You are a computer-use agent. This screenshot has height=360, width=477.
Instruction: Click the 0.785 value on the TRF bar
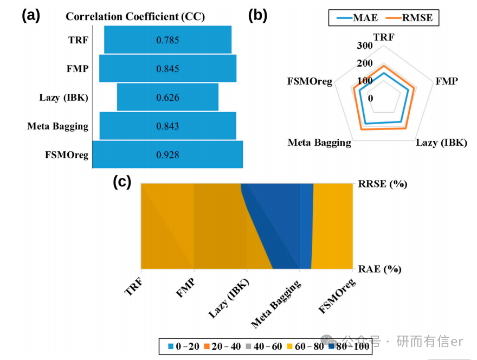tap(167, 40)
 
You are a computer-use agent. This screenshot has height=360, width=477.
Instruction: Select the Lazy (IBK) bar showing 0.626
tap(167, 97)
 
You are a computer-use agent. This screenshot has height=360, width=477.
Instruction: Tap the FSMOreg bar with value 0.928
tap(167, 155)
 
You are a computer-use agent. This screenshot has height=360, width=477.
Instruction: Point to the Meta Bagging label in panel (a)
tap(58, 126)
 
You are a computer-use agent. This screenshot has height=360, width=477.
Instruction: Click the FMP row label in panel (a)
tap(78, 69)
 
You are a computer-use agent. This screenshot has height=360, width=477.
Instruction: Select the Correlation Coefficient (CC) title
tap(136, 16)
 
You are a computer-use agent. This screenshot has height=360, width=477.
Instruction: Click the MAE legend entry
tap(357, 18)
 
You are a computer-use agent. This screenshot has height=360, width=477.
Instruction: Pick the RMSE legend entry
tap(409, 18)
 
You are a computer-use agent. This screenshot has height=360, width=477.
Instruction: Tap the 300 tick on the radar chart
tap(365, 46)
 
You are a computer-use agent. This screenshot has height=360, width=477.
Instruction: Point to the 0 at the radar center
tap(370, 98)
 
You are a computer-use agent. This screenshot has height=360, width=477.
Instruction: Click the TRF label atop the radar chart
tap(384, 37)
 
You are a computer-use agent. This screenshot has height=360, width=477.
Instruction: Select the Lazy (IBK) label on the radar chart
tap(441, 143)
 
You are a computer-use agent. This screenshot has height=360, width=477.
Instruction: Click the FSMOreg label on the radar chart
tap(310, 81)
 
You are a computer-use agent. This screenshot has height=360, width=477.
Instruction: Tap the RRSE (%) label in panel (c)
tap(383, 184)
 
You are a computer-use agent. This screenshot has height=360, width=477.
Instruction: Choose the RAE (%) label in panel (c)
tap(380, 269)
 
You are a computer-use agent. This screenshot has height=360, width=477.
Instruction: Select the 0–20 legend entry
tap(184, 346)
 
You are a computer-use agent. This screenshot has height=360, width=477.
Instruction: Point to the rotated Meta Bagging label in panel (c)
tap(276, 304)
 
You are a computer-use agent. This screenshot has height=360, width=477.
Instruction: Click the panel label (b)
tap(257, 15)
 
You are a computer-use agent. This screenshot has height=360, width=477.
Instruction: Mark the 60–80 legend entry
tap(306, 346)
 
